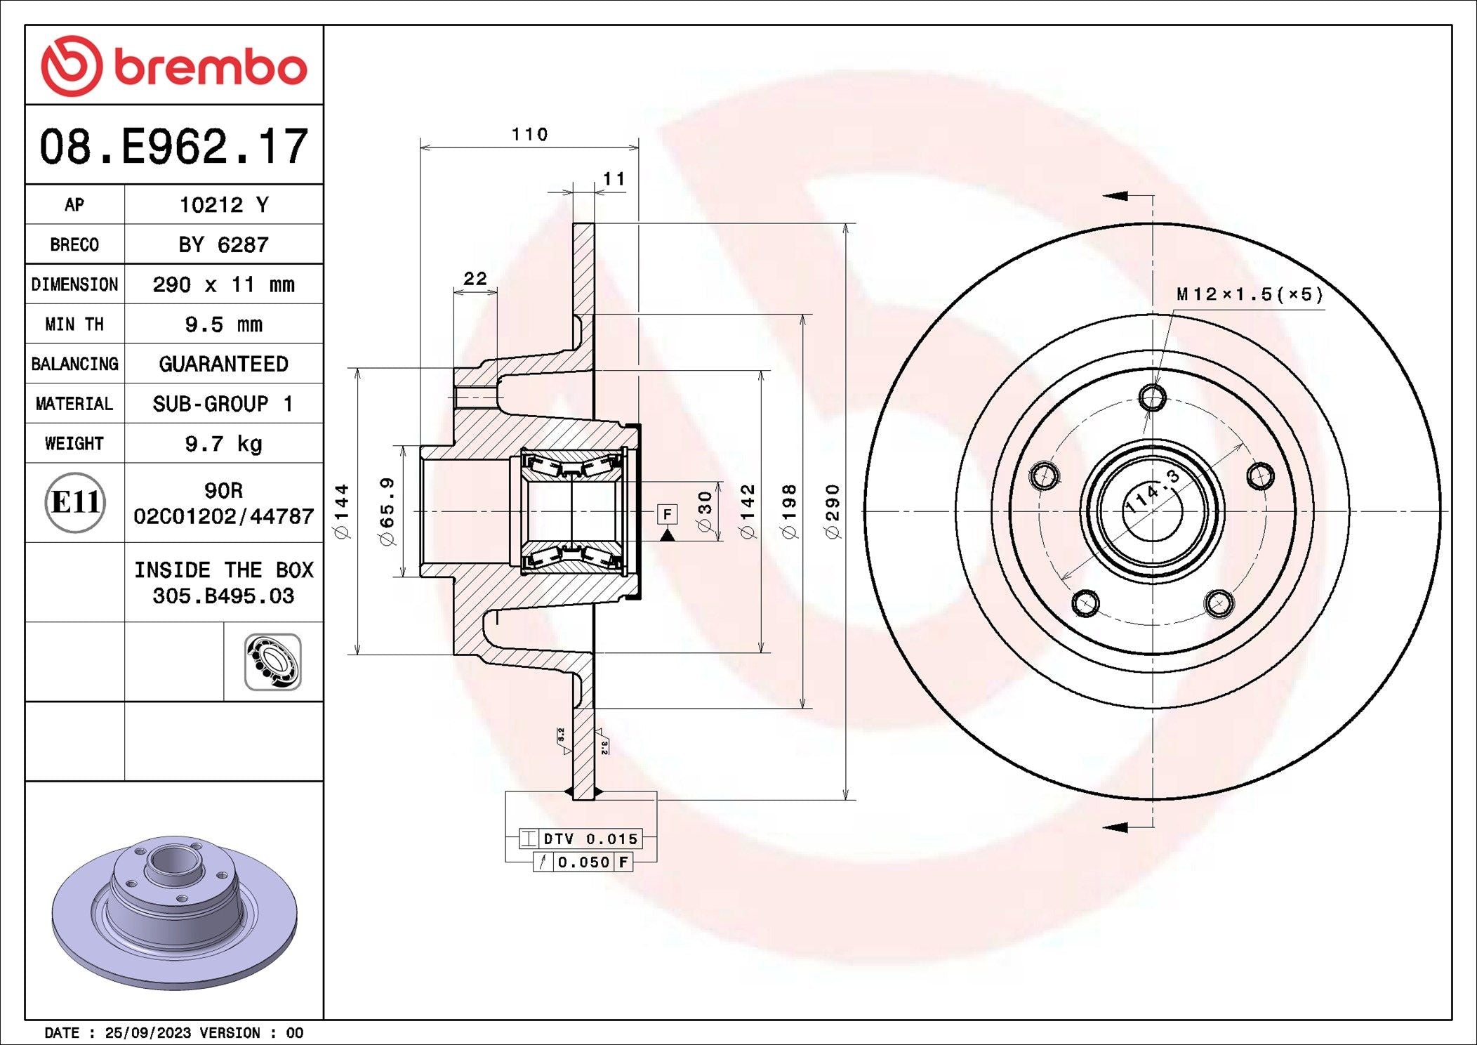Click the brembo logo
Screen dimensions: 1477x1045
pos(174,66)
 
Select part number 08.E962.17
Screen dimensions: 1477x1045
pos(173,147)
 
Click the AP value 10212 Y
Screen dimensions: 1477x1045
pos(224,204)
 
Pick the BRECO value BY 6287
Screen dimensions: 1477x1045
pos(223,244)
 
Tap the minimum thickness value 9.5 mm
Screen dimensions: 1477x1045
pos(223,324)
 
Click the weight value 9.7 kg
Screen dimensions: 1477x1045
pos(223,444)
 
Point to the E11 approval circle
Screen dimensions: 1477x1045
pos(75,502)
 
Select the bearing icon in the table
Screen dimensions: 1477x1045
pos(273,662)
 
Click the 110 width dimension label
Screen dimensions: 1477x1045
pos(529,134)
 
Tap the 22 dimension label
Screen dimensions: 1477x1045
pos(475,279)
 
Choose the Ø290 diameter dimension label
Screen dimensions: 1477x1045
pos(833,511)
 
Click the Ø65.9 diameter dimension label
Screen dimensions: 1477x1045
pos(387,511)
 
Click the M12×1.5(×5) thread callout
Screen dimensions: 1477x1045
pos(1250,294)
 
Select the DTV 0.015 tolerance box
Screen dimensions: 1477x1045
pos(580,839)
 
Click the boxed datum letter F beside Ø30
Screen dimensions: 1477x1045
pos(667,514)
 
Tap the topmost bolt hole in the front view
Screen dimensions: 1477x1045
pos(1152,398)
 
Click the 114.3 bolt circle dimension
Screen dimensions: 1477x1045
pos(1153,490)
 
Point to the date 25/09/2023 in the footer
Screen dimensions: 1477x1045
pos(147,1032)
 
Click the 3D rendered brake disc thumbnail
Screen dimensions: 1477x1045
pos(174,912)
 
